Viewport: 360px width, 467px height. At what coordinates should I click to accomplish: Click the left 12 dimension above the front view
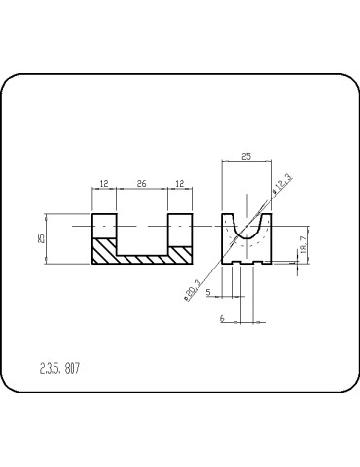tap(104, 183)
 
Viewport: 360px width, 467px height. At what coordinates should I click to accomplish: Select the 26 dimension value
tap(142, 183)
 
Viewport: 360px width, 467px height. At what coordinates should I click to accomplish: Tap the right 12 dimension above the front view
tap(180, 183)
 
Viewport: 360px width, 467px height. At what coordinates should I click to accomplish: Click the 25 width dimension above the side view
tap(247, 156)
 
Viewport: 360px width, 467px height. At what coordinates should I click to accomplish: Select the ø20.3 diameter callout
tap(193, 289)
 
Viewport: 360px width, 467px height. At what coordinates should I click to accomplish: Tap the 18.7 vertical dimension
tap(303, 244)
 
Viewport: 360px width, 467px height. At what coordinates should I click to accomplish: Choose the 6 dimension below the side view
tap(222, 318)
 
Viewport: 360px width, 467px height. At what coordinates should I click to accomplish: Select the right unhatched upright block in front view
tap(180, 229)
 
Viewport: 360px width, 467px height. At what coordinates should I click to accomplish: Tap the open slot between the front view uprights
tap(142, 232)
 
